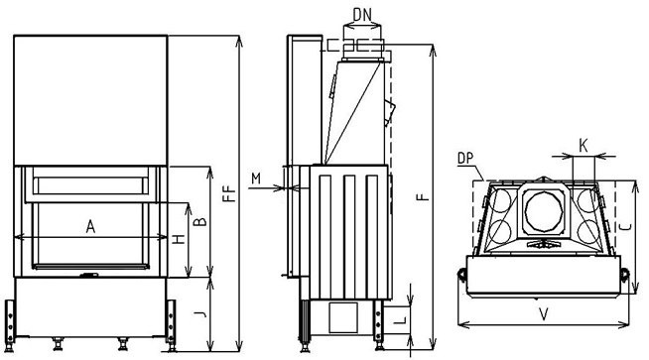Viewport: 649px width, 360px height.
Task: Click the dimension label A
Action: (x=90, y=226)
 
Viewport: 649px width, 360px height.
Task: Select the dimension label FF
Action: (x=229, y=193)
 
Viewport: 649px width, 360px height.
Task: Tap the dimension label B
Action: (x=200, y=221)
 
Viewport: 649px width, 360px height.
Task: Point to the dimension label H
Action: (x=179, y=239)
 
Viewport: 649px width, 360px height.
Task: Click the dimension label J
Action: (x=200, y=314)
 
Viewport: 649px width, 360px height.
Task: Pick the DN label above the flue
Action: (x=362, y=15)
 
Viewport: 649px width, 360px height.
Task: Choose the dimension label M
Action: (x=256, y=179)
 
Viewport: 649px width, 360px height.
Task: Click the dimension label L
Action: (x=399, y=319)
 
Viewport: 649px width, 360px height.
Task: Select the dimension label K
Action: (x=584, y=146)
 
